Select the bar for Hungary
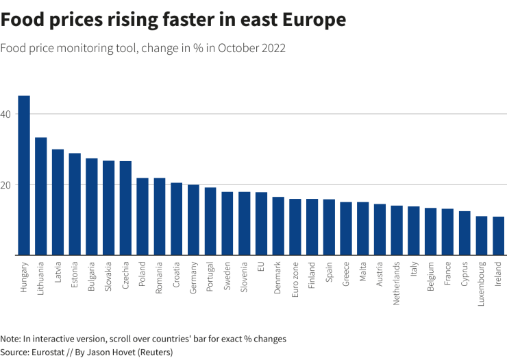[24, 176]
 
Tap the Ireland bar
[498, 236]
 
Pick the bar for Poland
[143, 217]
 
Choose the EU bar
[261, 224]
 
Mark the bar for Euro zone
[295, 227]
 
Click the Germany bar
[193, 220]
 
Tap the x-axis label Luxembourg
[482, 283]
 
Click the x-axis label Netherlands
[397, 283]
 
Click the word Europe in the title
[312, 21]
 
